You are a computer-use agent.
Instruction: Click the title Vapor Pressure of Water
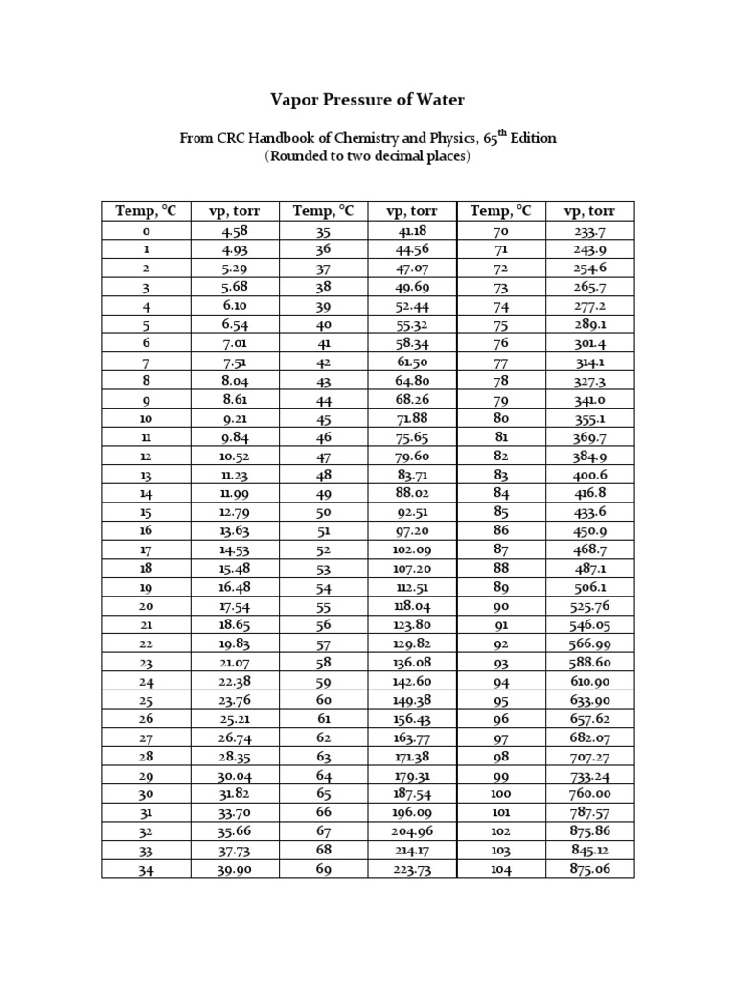point(368,100)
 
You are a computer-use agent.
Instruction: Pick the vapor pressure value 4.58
point(235,231)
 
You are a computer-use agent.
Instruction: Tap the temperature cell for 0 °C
point(147,231)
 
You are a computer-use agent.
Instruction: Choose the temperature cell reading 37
point(323,268)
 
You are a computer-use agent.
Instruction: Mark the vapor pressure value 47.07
point(412,268)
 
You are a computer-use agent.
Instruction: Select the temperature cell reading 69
point(323,869)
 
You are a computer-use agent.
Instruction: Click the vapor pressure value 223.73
point(412,869)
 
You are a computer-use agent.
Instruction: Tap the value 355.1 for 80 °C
point(589,418)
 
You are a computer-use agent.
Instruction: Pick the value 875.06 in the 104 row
point(587,869)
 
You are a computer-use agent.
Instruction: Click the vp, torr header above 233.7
point(589,211)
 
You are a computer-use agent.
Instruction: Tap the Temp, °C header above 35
point(323,211)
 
